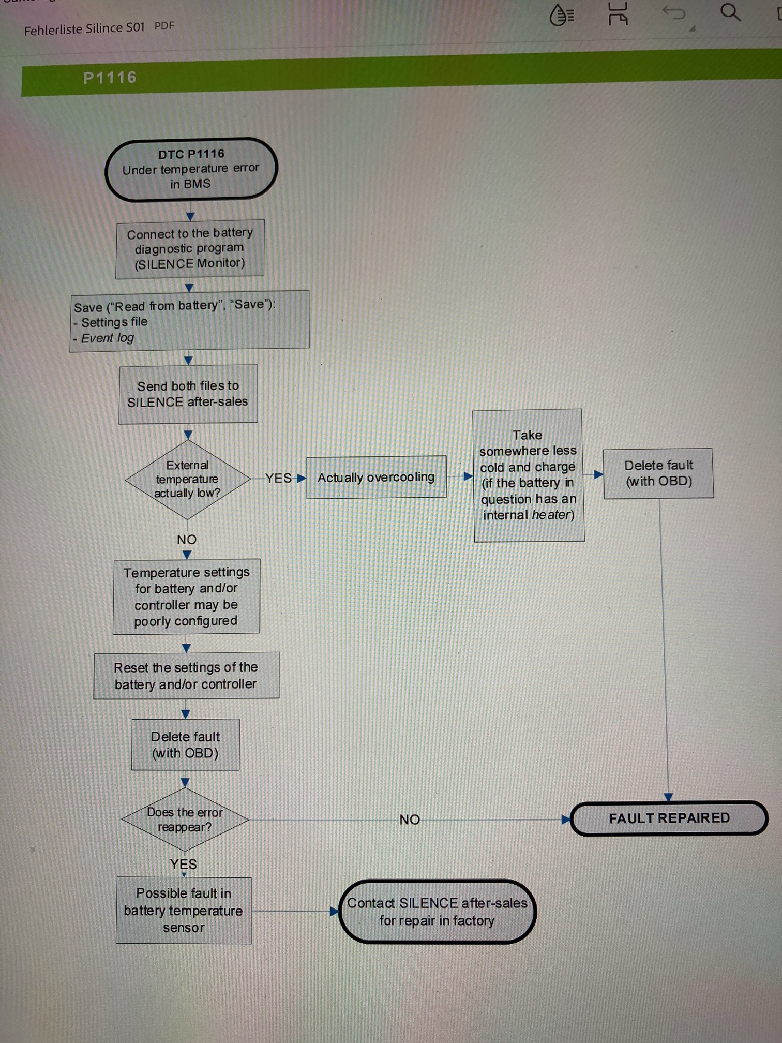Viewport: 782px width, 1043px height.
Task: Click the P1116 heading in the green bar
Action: (110, 78)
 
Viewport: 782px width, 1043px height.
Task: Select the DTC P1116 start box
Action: (191, 169)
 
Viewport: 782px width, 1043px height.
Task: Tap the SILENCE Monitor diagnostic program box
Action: (190, 249)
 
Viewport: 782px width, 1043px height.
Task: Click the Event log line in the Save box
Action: (108, 338)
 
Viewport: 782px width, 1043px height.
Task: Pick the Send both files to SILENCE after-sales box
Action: (188, 394)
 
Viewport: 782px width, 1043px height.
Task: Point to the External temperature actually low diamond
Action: (187, 479)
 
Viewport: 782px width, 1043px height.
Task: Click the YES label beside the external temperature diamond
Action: (278, 478)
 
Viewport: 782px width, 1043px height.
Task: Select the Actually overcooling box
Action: (376, 477)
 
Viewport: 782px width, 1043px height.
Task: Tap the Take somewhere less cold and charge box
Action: (528, 475)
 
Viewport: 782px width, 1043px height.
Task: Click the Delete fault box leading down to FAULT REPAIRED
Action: (658, 473)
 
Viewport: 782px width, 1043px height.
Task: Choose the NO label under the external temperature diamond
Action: (187, 540)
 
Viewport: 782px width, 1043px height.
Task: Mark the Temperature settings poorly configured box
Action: (186, 596)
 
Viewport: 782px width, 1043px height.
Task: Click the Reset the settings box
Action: (186, 676)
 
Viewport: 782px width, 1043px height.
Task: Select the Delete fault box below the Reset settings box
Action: (185, 744)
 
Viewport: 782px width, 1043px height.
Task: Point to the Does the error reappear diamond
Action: (185, 820)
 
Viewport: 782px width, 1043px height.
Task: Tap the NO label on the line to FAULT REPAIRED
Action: (410, 820)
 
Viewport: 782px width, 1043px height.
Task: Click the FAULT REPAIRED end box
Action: (669, 818)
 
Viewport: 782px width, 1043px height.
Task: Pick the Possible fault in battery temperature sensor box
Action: (184, 910)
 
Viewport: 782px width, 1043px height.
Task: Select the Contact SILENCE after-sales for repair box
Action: (437, 912)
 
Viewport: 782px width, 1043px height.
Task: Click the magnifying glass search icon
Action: (730, 12)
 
